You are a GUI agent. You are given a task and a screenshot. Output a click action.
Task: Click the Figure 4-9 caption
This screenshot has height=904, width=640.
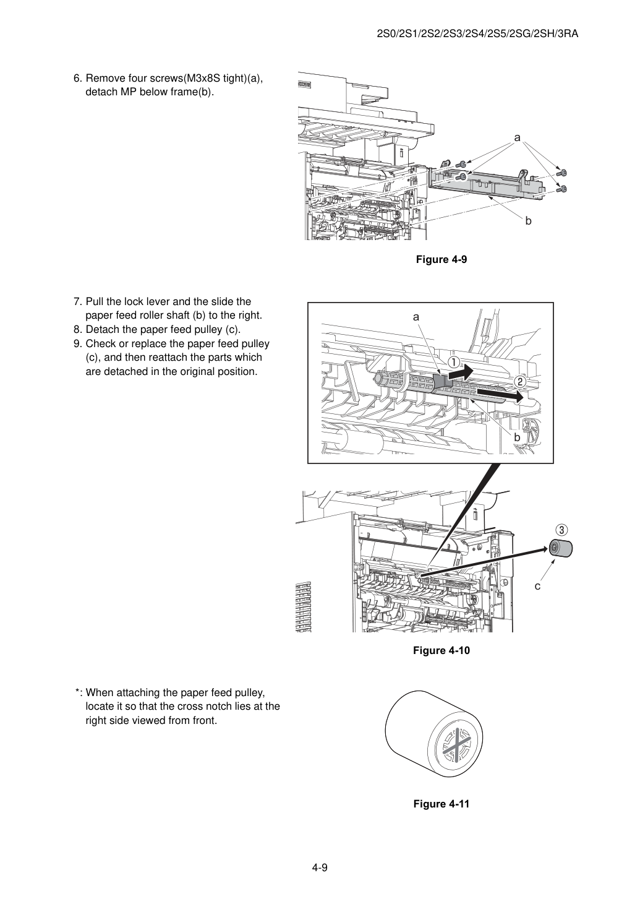441,259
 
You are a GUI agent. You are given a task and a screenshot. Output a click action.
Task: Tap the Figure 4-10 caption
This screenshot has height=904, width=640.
441,650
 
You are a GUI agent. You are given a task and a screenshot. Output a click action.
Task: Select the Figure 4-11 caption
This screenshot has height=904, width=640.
441,804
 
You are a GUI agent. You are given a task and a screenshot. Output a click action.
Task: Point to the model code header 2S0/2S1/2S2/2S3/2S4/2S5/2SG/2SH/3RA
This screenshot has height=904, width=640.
477,34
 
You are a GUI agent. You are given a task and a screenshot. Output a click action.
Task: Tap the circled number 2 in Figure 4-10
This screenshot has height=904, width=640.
520,381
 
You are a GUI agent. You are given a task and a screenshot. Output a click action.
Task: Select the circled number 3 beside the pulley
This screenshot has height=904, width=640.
561,530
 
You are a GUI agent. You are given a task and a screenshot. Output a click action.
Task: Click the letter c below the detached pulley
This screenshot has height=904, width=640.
537,586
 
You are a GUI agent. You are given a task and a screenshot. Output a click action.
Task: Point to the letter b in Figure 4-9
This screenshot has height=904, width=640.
528,221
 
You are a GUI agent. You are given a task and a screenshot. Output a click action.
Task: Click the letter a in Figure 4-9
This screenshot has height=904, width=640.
517,138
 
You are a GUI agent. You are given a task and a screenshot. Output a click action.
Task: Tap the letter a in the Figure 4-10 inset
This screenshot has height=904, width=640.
416,317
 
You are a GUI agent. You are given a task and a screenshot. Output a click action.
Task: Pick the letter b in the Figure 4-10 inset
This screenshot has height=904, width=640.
517,437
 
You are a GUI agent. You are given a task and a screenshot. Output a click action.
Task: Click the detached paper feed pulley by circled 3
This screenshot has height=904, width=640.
560,548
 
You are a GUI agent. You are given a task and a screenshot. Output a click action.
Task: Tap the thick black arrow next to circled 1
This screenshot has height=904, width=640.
461,372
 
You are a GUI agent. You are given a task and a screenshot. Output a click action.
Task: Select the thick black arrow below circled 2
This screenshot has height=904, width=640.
500,394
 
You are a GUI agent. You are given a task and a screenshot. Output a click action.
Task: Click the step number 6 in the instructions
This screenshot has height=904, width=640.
78,79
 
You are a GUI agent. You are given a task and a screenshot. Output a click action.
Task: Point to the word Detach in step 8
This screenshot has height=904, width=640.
101,329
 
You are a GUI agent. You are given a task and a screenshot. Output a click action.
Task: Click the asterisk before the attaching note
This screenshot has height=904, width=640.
77,692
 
